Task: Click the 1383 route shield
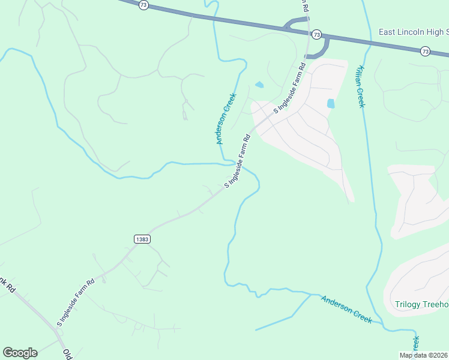point(142,239)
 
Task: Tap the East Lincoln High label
point(414,32)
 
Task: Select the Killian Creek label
point(361,86)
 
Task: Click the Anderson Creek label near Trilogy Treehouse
point(346,309)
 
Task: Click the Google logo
point(20,352)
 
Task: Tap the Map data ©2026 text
point(423,355)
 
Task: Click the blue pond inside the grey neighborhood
point(331,103)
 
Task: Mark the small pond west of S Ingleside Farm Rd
point(259,85)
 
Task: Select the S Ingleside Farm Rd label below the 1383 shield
point(76,302)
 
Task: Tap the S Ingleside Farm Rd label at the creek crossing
point(238,161)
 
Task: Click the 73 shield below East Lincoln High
point(425,51)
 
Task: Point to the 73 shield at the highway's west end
point(142,4)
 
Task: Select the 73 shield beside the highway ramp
point(316,34)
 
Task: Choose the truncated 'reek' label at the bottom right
point(415,344)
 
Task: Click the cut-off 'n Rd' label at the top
point(304,6)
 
